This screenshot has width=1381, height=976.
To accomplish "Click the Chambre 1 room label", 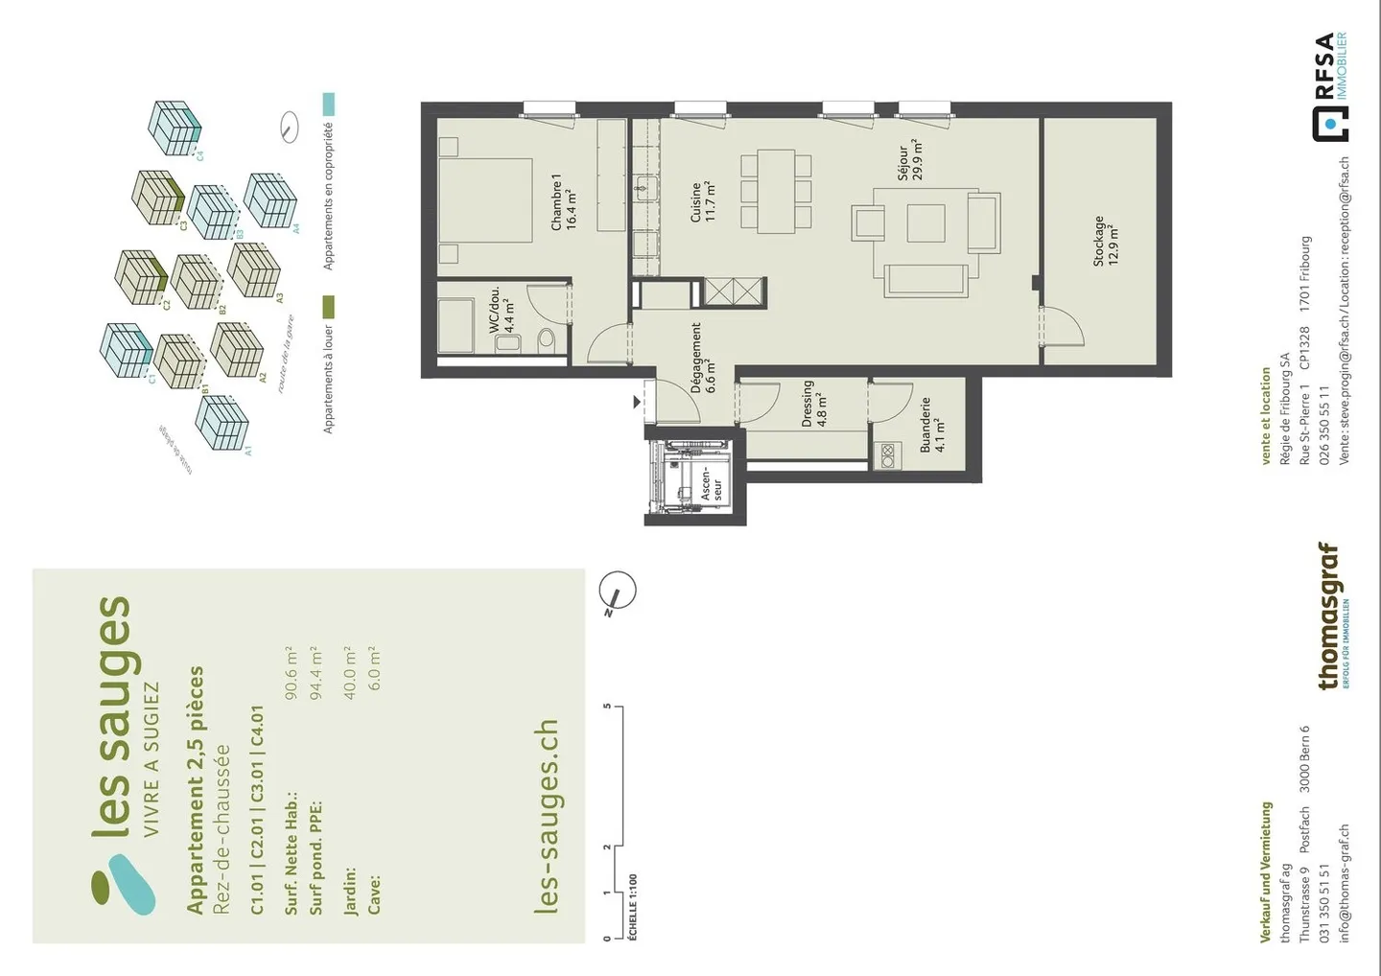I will (563, 202).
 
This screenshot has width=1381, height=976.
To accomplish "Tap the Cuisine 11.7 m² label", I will (703, 202).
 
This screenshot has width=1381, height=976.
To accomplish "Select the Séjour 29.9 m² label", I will (910, 160).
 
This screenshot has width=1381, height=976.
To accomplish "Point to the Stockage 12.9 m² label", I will (1106, 241).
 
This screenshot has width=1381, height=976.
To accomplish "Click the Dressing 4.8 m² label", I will (814, 404).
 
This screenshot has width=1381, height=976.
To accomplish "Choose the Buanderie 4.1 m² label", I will (932, 425).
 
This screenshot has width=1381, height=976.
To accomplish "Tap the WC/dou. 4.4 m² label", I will (502, 310).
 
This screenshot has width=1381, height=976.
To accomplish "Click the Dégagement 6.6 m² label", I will (703, 358).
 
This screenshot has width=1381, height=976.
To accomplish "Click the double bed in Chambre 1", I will (485, 200).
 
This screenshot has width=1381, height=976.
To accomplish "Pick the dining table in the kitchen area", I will (776, 191).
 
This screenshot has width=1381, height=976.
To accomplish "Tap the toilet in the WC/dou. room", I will (547, 338).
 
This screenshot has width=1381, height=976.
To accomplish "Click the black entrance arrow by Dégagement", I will (636, 403).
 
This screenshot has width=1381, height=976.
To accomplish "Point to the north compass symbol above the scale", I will (619, 591).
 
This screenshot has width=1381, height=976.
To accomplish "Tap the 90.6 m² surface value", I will (291, 673).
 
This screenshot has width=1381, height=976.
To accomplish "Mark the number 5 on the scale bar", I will (607, 707).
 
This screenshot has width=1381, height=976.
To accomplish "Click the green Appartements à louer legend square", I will (328, 308).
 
